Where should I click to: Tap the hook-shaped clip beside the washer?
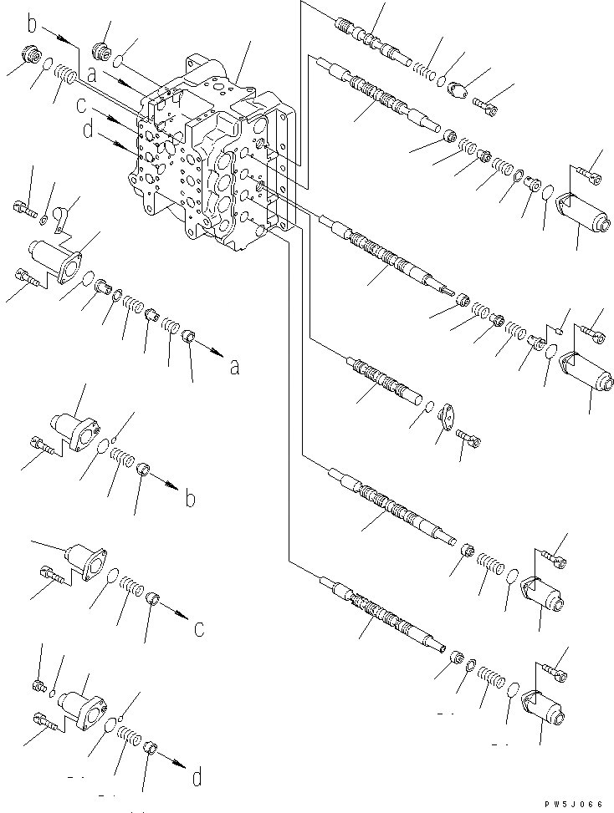click(60, 219)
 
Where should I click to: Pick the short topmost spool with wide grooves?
click(371, 41)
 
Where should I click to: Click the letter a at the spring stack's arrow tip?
click(233, 366)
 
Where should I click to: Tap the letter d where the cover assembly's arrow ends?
click(197, 779)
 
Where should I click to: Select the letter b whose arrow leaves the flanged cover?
click(190, 499)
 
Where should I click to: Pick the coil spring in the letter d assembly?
click(128, 736)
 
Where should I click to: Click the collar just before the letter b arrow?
click(143, 475)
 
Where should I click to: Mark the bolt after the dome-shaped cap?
click(486, 105)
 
